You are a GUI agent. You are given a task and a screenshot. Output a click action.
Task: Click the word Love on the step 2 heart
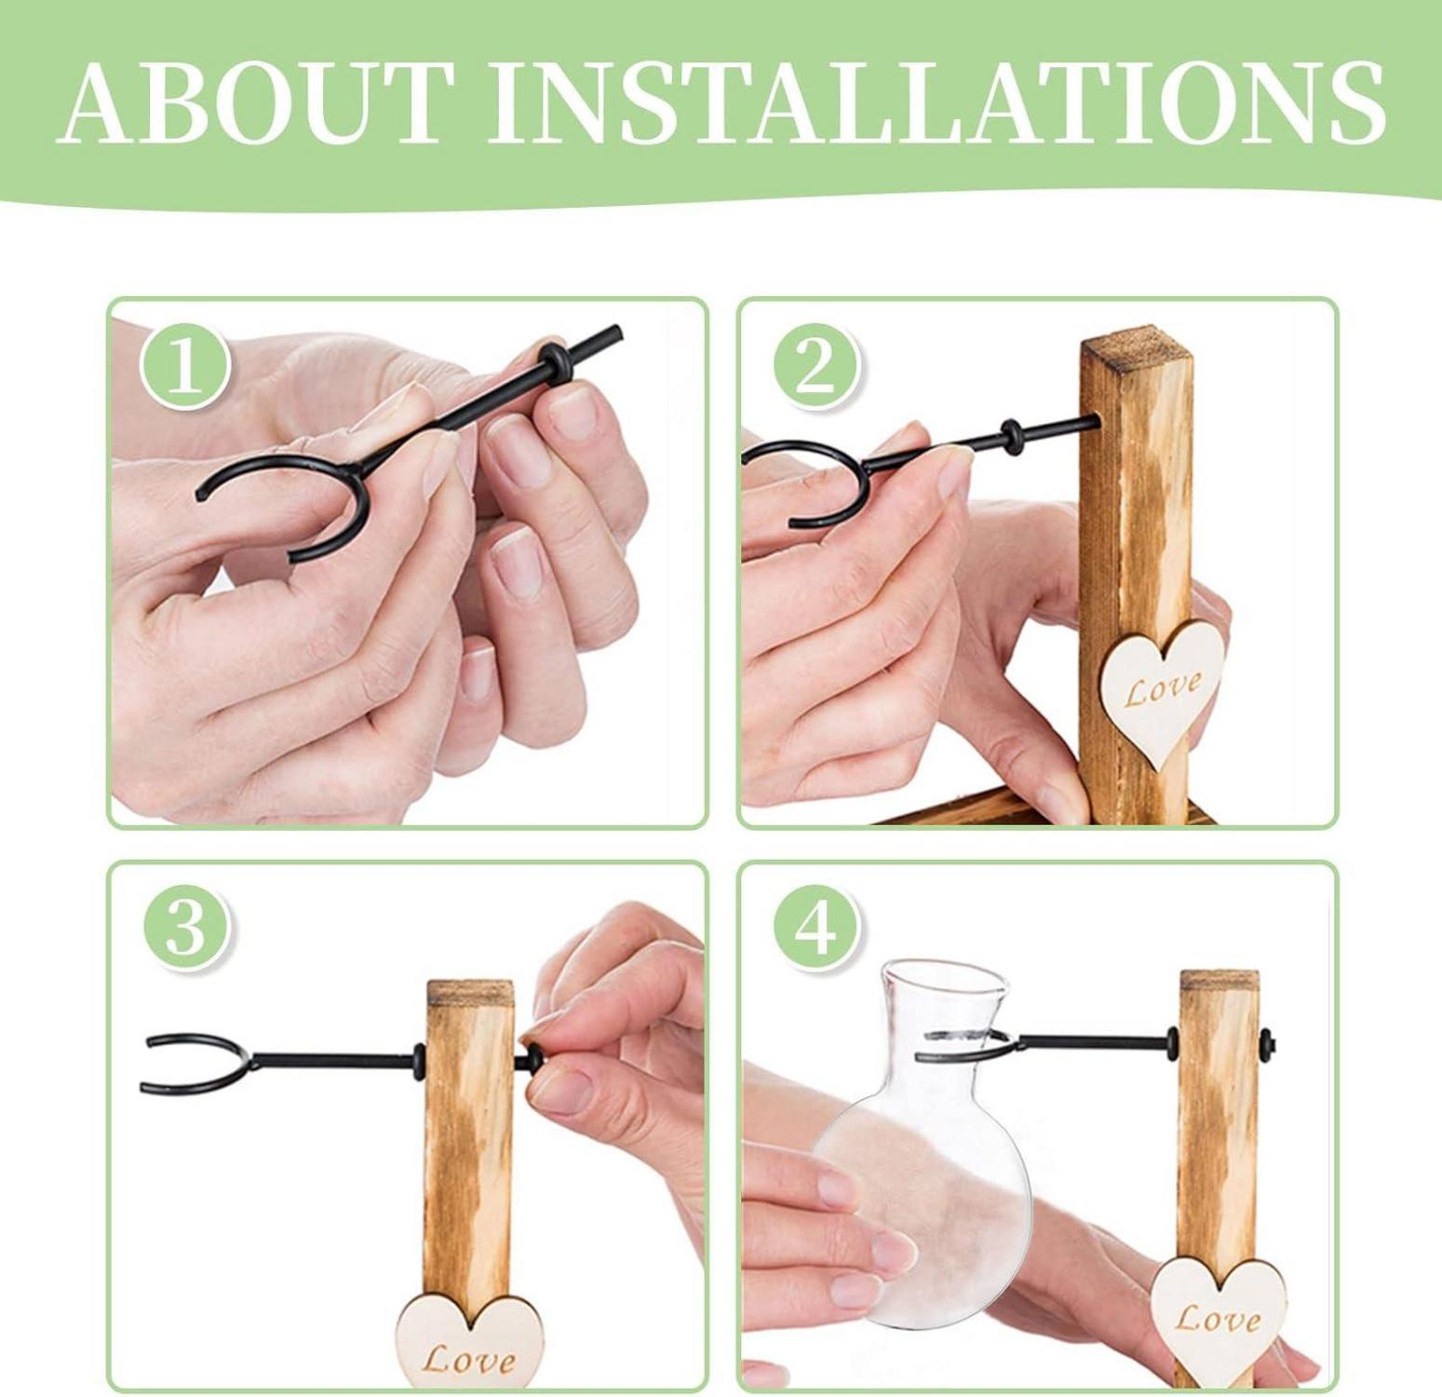[x=1162, y=690]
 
